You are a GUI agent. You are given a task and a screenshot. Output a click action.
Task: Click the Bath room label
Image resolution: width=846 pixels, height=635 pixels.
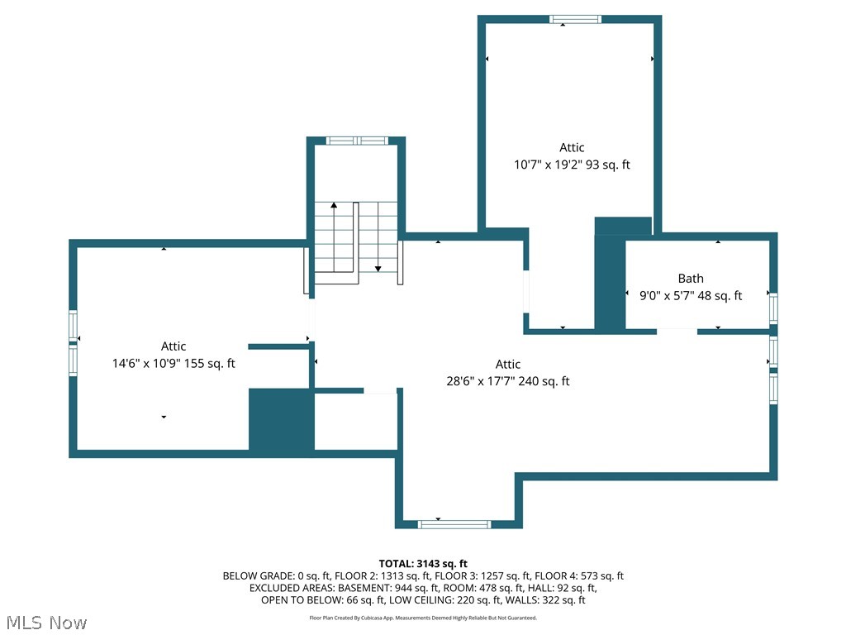(x=691, y=279)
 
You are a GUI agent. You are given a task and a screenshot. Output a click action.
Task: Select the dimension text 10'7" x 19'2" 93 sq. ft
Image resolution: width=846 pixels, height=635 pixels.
(x=572, y=165)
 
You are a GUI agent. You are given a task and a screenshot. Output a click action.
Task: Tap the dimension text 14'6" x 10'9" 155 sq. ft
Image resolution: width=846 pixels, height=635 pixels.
(x=173, y=363)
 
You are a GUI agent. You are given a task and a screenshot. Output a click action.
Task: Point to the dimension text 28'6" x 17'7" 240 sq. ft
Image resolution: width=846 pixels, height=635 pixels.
(x=507, y=381)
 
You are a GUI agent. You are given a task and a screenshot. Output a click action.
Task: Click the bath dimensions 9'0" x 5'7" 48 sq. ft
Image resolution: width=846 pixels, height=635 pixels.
(x=691, y=295)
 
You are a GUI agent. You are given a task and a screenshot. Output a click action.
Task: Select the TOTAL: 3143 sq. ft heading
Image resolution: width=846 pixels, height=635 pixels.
(x=423, y=564)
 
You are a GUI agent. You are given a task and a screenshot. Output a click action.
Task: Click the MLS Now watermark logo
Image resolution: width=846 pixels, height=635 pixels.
(x=45, y=622)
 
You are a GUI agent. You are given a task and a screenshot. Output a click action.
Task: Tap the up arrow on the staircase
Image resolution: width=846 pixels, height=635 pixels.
(x=334, y=207)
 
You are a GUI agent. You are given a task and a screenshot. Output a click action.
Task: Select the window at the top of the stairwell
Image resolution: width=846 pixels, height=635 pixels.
(x=356, y=141)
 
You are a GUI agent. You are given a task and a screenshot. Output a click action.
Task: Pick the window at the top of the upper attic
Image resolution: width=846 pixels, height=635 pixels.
(x=575, y=19)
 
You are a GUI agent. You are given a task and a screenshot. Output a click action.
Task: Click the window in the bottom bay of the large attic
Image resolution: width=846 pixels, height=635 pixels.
(x=454, y=524)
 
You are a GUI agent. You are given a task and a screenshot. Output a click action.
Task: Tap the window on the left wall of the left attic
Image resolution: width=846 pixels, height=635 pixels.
(x=73, y=342)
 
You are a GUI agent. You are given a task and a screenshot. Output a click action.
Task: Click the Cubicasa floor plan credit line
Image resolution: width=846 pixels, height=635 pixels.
(x=423, y=618)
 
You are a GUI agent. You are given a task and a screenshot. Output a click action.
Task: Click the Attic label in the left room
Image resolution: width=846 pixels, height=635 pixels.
(x=173, y=346)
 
